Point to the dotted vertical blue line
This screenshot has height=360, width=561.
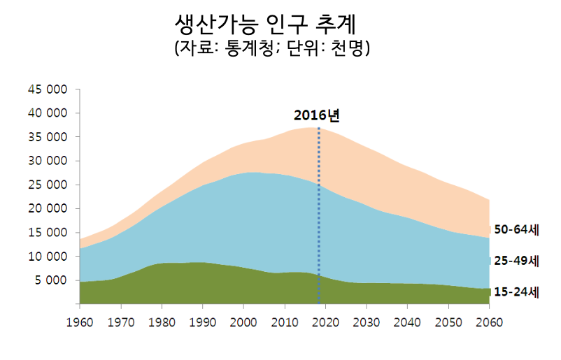(x=319, y=210)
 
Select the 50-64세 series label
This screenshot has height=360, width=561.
(x=516, y=229)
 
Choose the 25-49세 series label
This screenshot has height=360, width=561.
(x=516, y=261)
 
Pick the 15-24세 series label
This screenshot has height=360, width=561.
(x=516, y=292)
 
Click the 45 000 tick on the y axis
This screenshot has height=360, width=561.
(x=47, y=89)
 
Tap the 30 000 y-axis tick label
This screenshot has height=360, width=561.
(x=47, y=161)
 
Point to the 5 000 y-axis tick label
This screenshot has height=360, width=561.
(x=50, y=280)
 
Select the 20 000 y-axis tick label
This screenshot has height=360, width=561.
(x=47, y=208)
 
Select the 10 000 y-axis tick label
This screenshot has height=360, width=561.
(x=47, y=257)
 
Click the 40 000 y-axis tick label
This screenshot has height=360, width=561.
(x=47, y=113)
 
